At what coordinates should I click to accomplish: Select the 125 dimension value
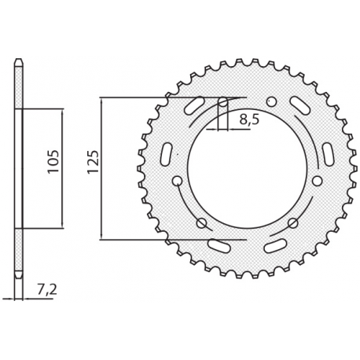click(x=92, y=167)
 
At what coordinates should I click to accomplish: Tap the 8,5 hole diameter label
click(x=248, y=119)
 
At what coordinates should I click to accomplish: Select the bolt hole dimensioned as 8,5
click(x=223, y=102)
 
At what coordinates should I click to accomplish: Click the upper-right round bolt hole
click(x=271, y=101)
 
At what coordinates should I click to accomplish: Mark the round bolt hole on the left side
click(x=177, y=181)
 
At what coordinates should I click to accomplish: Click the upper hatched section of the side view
click(x=19, y=85)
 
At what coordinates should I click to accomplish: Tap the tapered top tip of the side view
click(x=19, y=62)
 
